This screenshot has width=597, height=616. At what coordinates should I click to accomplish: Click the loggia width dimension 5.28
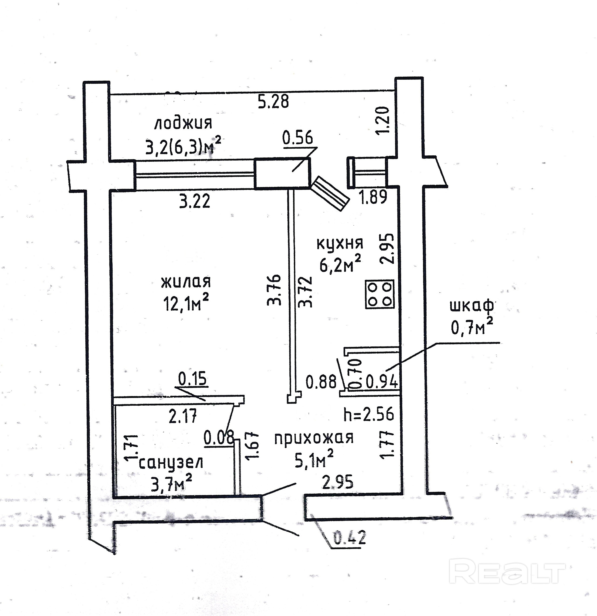pyautogui.click(x=273, y=102)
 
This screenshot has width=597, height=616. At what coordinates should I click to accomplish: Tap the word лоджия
pyautogui.click(x=183, y=123)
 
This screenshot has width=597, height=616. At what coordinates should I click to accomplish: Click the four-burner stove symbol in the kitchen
pyautogui.click(x=379, y=294)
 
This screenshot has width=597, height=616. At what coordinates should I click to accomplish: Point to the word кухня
pyautogui.click(x=340, y=243)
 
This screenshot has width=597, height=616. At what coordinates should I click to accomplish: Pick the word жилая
pyautogui.click(x=186, y=282)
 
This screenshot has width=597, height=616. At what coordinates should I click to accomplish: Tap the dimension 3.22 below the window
pyautogui.click(x=195, y=201)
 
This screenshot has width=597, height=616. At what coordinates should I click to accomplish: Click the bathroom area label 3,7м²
pyautogui.click(x=171, y=484)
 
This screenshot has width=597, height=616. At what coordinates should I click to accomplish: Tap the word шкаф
pyautogui.click(x=472, y=306)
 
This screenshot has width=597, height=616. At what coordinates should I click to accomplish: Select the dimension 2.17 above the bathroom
pyautogui.click(x=183, y=417)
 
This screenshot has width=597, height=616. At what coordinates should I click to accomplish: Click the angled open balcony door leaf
pyautogui.click(x=330, y=193)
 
